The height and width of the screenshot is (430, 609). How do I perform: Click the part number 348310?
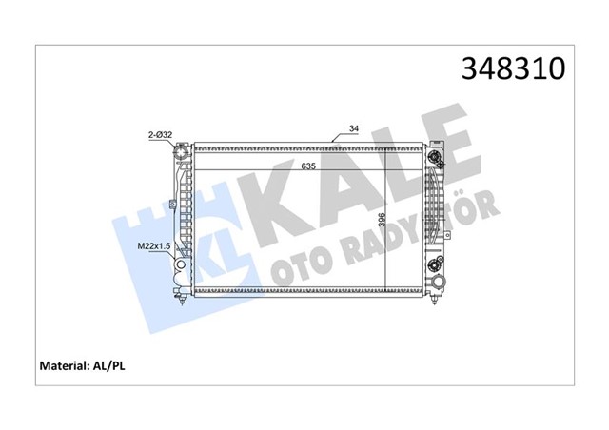point(514,68)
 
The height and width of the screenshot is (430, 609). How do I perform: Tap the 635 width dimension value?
point(309,166)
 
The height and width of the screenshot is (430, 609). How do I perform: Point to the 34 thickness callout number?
point(354,128)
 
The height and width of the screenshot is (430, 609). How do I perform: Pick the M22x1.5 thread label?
point(154,246)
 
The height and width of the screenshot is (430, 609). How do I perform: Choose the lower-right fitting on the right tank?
point(438,264)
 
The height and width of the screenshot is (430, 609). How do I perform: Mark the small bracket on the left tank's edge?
point(171,202)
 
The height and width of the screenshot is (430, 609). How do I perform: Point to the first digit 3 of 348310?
point(469,68)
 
